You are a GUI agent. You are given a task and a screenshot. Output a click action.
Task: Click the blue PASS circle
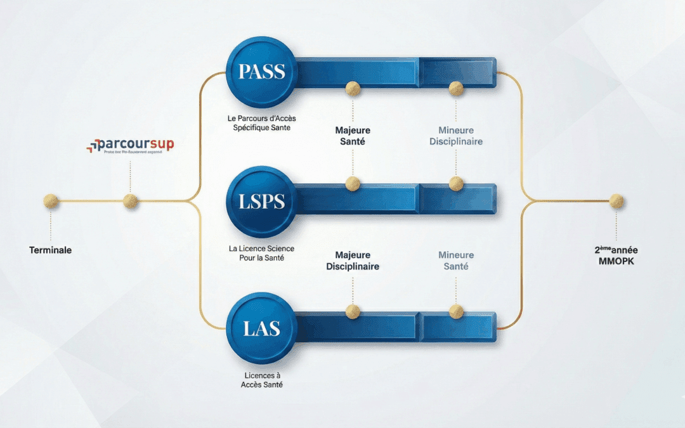coord(261,72)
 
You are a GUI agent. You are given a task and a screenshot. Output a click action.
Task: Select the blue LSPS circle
coord(261,201)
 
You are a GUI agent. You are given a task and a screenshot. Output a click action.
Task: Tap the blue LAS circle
coord(261,328)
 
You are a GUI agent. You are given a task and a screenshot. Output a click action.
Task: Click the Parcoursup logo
coord(130,146)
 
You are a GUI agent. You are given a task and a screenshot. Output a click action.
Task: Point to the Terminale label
coord(51,250)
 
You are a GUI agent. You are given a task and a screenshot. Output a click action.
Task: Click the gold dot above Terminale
coord(51,202)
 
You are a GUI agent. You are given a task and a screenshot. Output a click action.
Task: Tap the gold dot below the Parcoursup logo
coord(130,202)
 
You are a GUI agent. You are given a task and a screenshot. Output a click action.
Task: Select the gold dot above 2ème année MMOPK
coord(616,202)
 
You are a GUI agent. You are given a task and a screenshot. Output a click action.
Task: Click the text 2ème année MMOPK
coord(616,256)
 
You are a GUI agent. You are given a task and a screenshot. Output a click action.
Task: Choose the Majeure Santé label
coord(353,136)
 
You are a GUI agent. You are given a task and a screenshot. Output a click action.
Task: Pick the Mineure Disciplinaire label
coord(456,136)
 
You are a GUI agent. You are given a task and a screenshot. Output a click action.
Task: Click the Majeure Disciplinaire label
coord(353,261)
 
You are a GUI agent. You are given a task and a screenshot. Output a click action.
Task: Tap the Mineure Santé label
coord(456,261)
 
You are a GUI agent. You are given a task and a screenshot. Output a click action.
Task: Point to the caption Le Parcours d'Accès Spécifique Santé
coord(261,123)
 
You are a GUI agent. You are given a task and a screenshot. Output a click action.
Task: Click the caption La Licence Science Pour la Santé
coord(261,253)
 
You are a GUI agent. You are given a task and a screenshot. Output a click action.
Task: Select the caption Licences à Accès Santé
coord(261,380)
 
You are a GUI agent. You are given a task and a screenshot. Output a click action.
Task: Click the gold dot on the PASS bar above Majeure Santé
coord(353,88)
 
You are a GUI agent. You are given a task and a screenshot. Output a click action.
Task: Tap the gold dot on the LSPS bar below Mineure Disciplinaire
coord(456,184)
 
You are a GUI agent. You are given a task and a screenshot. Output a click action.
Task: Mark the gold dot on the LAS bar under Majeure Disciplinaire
coord(353,311)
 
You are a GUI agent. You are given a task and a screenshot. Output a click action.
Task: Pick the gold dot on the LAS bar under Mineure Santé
coord(456,311)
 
